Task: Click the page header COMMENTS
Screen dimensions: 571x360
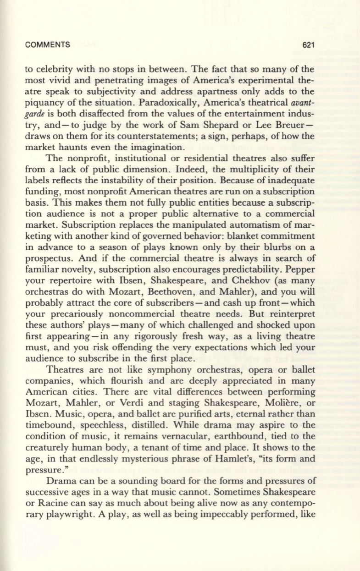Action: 48,45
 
